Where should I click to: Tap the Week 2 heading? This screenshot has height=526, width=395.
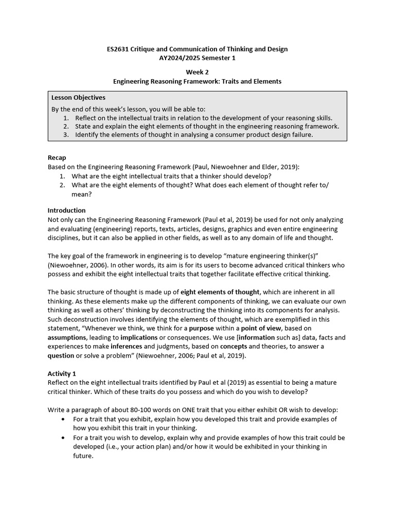[x=197, y=72]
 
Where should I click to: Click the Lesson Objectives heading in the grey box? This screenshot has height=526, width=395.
[x=78, y=97]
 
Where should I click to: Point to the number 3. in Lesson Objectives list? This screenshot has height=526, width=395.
[x=66, y=135]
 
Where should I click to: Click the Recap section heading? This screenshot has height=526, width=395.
[x=57, y=158]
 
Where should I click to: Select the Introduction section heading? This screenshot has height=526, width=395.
[x=66, y=210]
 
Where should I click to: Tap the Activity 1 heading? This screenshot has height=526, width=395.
[x=62, y=373]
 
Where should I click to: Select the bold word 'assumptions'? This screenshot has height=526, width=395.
[x=68, y=337]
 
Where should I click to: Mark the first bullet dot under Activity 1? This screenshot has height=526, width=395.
[x=63, y=419]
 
